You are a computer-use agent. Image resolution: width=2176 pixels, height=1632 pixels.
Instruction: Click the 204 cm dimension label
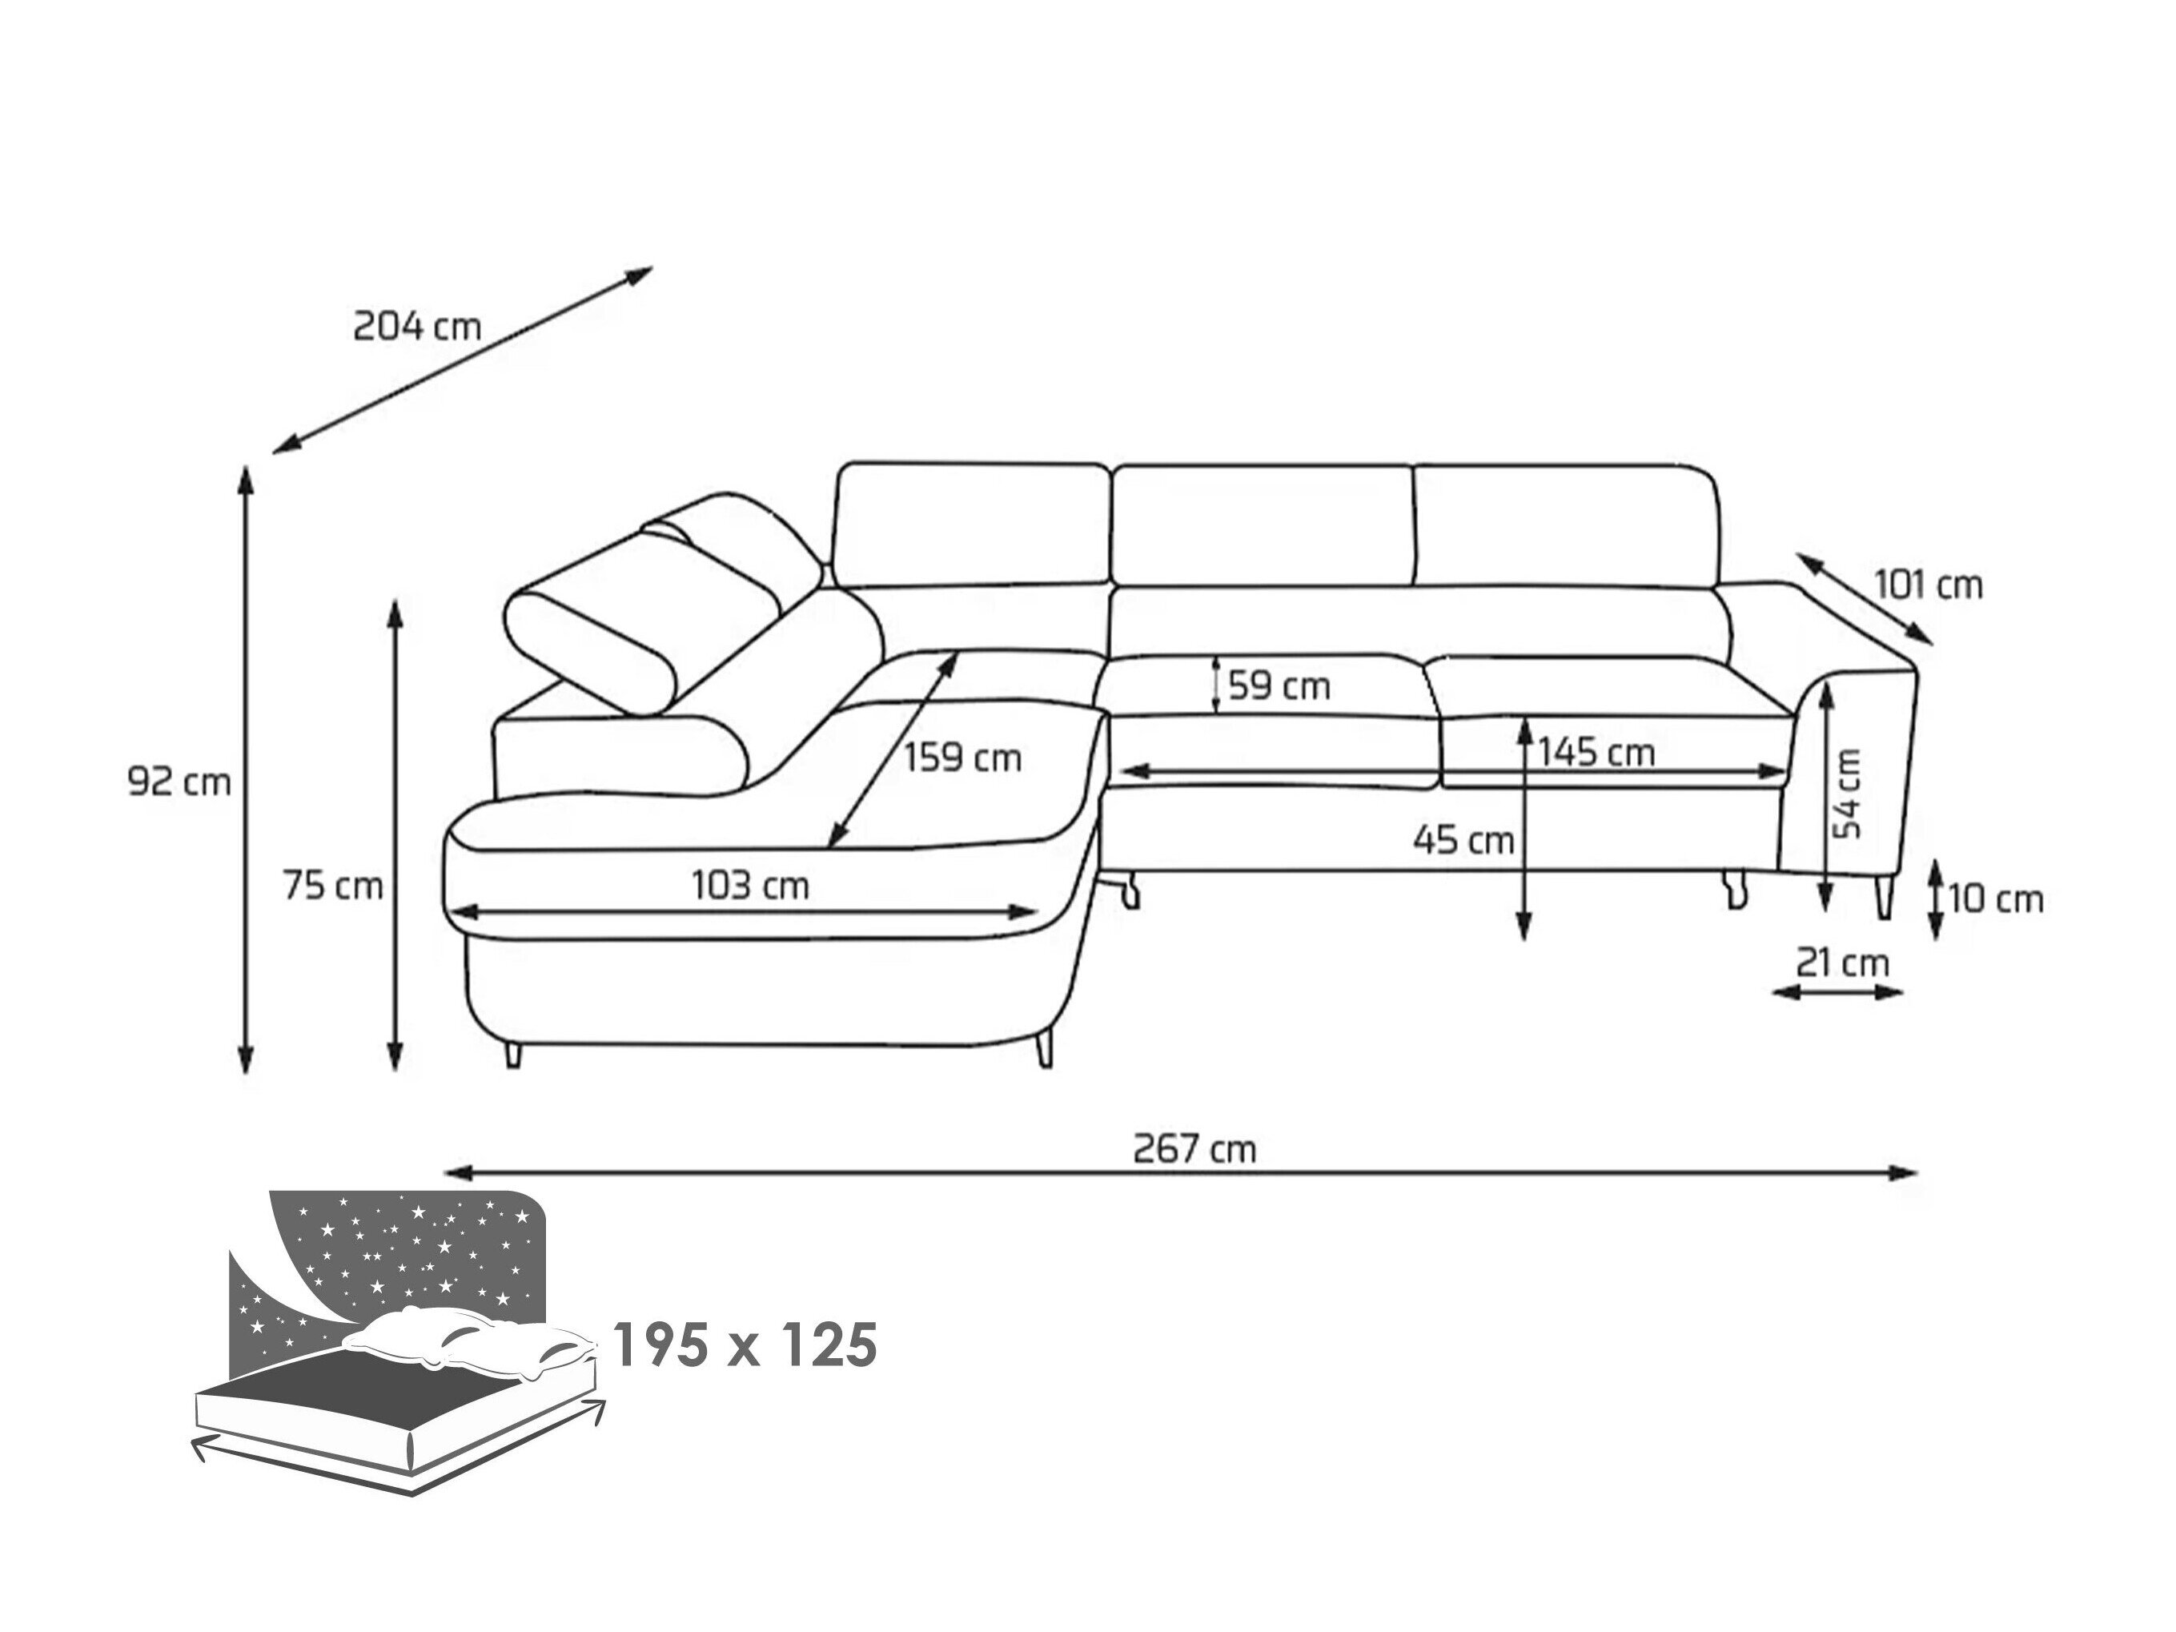[x=417, y=326]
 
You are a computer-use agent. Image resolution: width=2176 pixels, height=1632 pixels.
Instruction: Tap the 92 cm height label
[x=179, y=782]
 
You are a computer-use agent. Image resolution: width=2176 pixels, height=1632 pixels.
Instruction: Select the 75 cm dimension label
[x=332, y=886]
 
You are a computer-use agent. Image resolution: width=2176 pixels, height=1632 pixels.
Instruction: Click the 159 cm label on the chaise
[x=963, y=758]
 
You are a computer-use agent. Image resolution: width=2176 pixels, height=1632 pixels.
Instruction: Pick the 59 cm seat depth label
[x=1279, y=685]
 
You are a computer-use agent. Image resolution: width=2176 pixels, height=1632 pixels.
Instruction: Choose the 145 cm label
[x=1596, y=753]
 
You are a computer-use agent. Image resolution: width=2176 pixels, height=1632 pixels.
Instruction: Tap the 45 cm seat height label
[x=1463, y=840]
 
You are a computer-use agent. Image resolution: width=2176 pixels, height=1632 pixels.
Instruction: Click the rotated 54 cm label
[x=1849, y=793]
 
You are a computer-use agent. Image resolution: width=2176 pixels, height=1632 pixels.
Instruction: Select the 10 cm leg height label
[x=1996, y=899]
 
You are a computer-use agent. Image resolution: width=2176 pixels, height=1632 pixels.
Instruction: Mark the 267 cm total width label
[x=1194, y=1148]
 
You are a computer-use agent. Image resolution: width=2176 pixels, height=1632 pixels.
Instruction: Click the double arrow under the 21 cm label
[x=1837, y=994]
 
